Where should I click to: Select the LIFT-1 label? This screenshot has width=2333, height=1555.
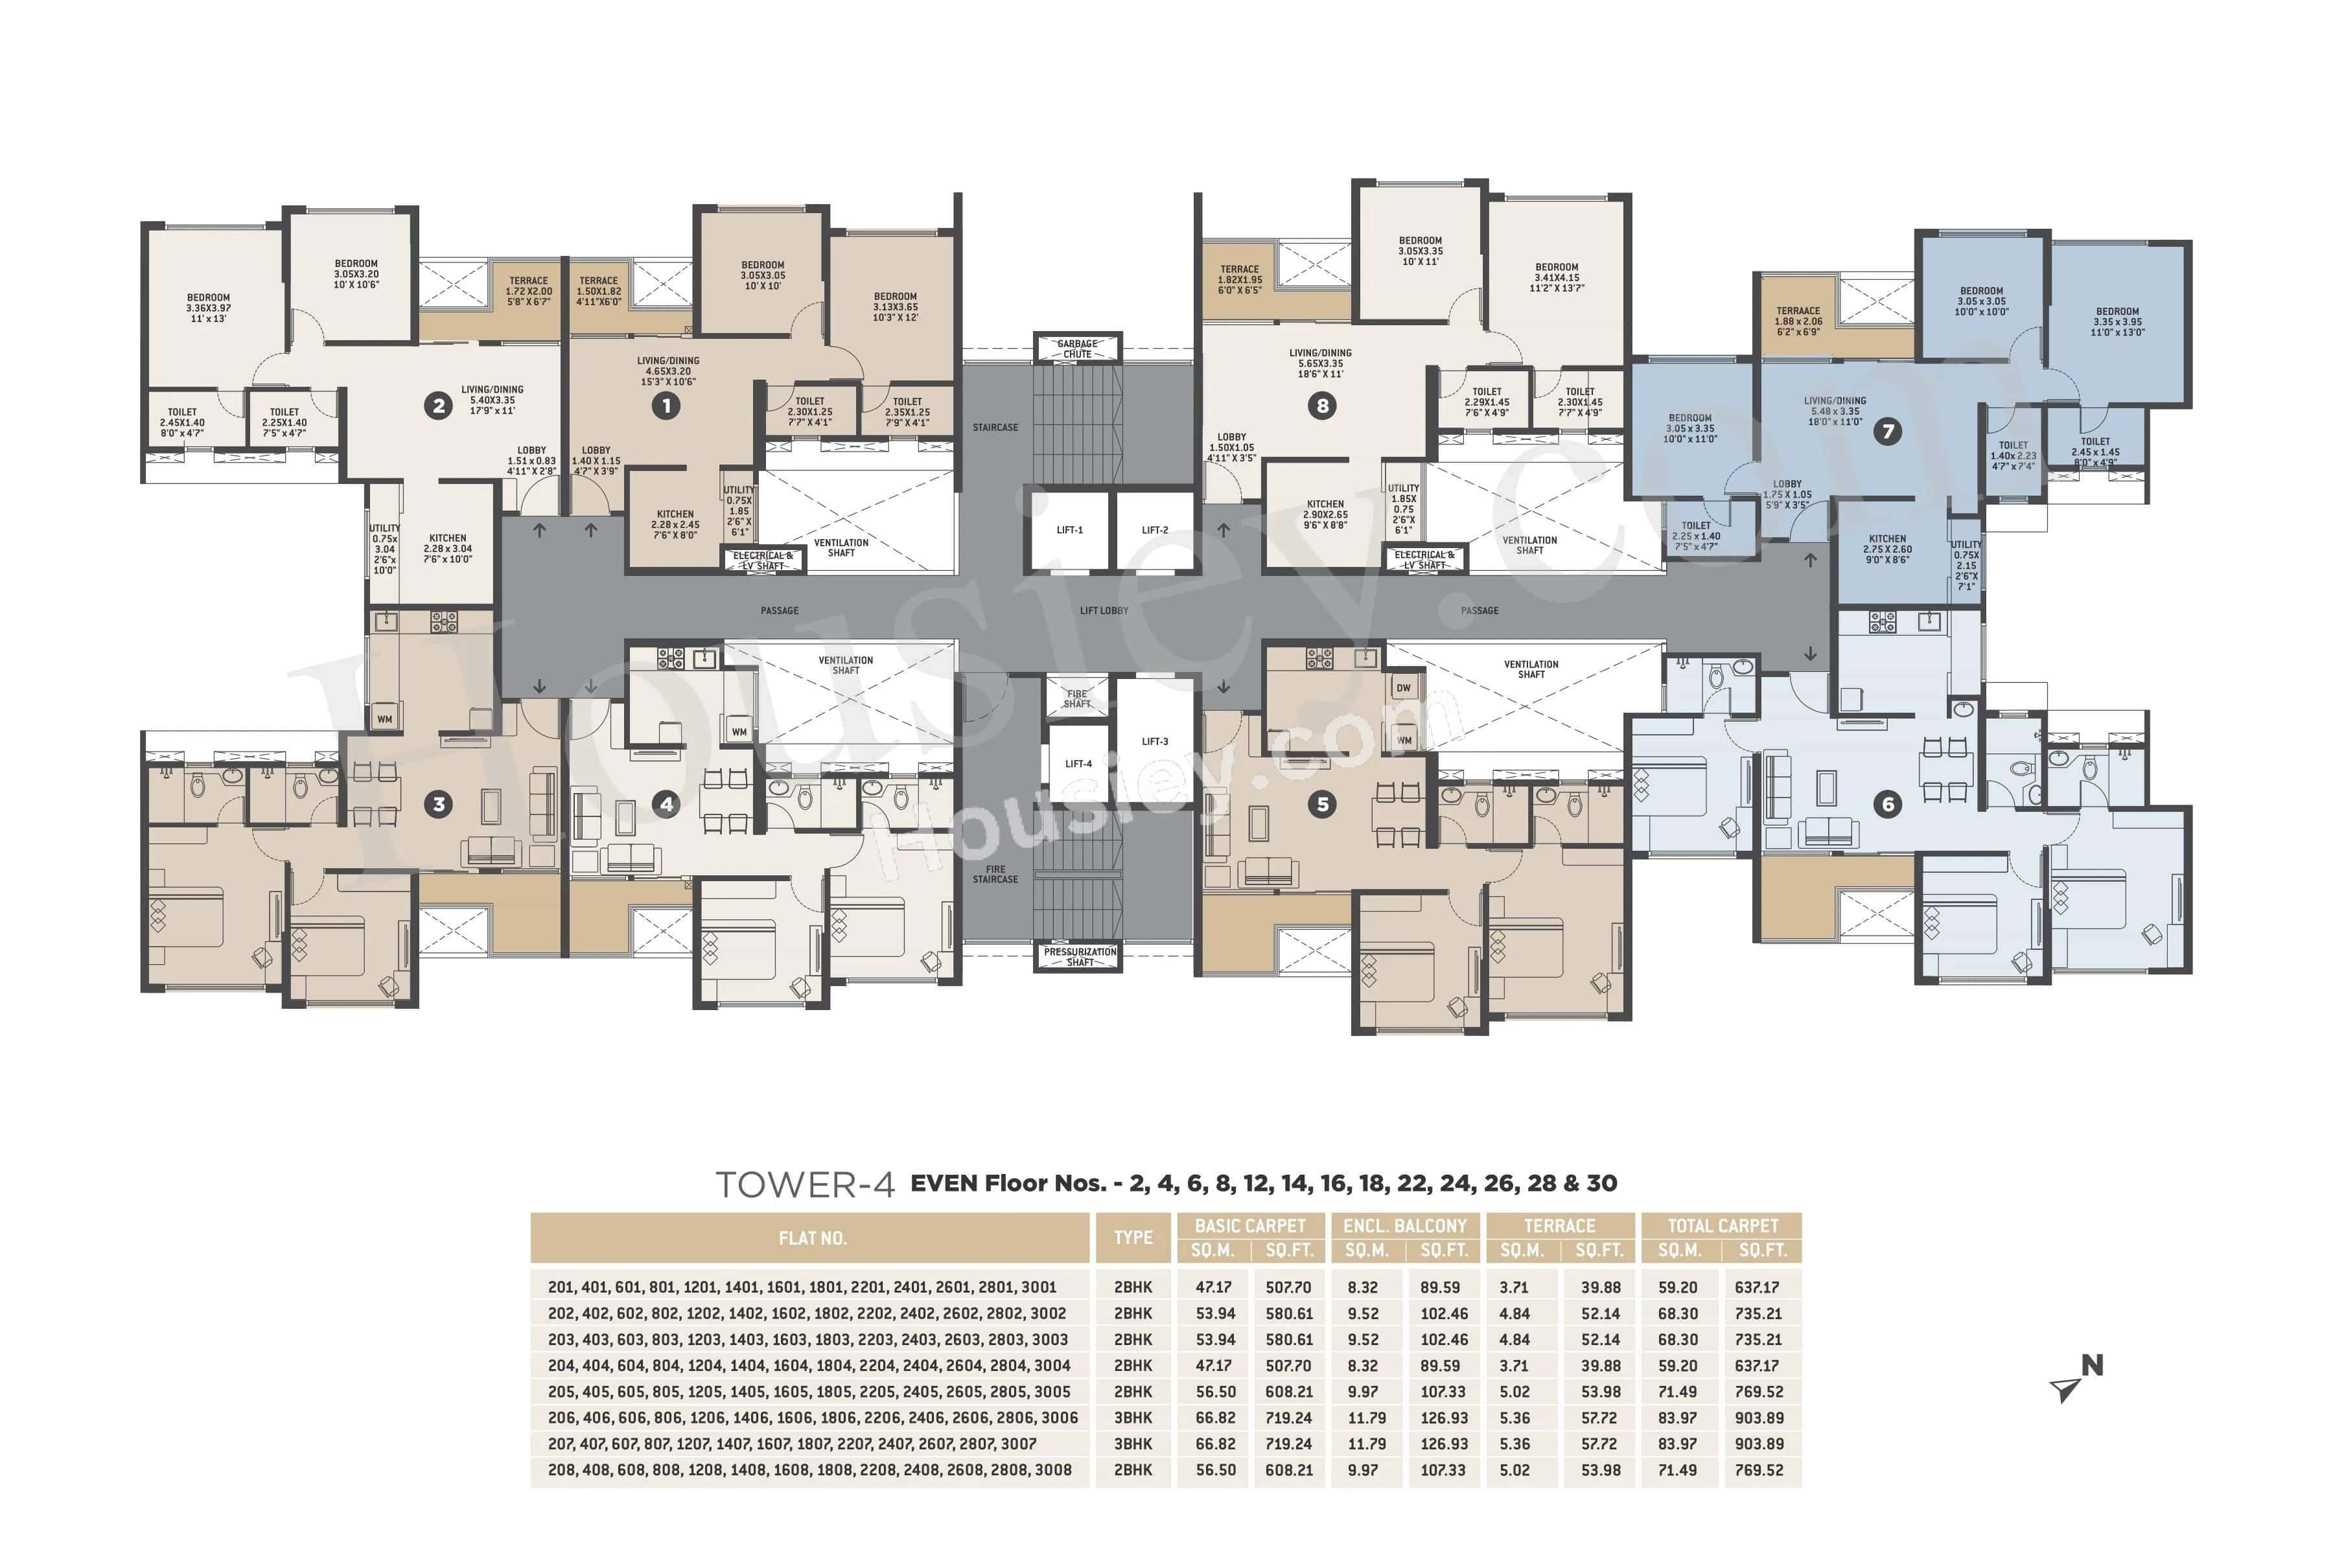tap(1069, 529)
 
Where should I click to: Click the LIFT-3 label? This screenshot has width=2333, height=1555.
tap(1155, 741)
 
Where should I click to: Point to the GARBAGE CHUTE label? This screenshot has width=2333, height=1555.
tap(1077, 348)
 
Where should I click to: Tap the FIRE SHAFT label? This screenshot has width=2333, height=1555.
tap(1077, 698)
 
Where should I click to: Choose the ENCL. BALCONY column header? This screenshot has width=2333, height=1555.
tap(1404, 1226)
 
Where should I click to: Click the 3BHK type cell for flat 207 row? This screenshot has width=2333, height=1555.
tap(1133, 1444)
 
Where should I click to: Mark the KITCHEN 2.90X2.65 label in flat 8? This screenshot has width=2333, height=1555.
tap(1325, 514)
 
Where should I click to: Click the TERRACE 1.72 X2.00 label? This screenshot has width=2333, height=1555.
tap(529, 290)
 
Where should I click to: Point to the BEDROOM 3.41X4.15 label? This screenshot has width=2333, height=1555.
tap(1557, 277)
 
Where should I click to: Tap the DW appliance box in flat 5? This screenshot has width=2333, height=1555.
tap(1402, 688)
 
